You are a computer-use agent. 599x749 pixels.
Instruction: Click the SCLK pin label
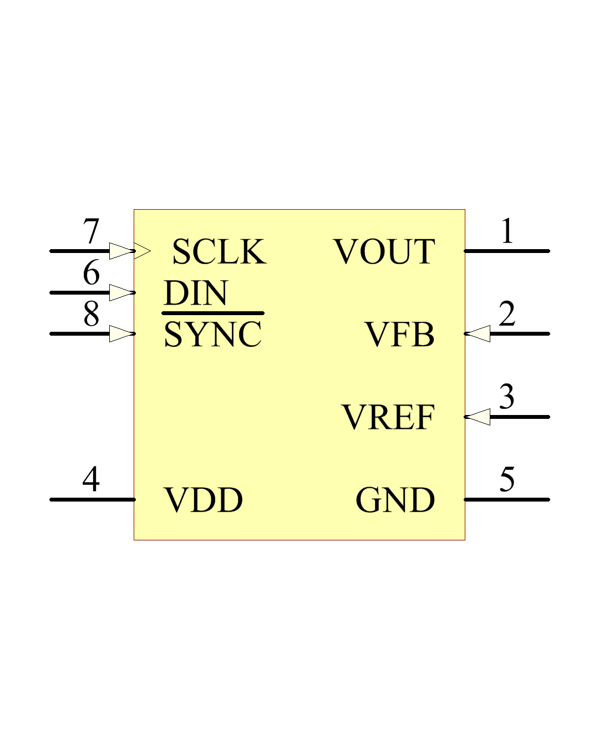coord(219,251)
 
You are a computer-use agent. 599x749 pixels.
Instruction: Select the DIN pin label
coord(195,293)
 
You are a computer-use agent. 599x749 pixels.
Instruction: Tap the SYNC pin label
coord(212,334)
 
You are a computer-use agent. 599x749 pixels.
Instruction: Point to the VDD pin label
coord(203,500)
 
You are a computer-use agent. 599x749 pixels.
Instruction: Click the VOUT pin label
coord(384,251)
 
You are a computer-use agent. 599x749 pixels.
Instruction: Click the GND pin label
coord(395,500)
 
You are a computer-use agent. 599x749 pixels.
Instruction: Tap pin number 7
coord(91,231)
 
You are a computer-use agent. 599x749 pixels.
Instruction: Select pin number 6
coord(91,272)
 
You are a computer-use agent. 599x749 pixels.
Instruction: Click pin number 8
coord(91,313)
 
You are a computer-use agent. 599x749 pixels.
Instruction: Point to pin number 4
coord(91,479)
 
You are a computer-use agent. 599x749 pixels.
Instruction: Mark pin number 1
coord(507,231)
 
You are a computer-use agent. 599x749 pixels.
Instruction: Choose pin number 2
coord(507,313)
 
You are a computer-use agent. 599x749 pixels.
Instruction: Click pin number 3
coord(507,397)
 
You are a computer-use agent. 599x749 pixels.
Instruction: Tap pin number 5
coord(507,479)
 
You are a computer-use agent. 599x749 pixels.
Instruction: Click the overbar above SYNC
coord(213,313)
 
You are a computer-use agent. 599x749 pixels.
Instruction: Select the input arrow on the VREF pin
coord(478,417)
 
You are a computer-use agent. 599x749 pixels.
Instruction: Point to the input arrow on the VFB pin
coord(478,334)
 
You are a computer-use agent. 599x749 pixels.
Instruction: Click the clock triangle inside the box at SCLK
coord(143,251)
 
